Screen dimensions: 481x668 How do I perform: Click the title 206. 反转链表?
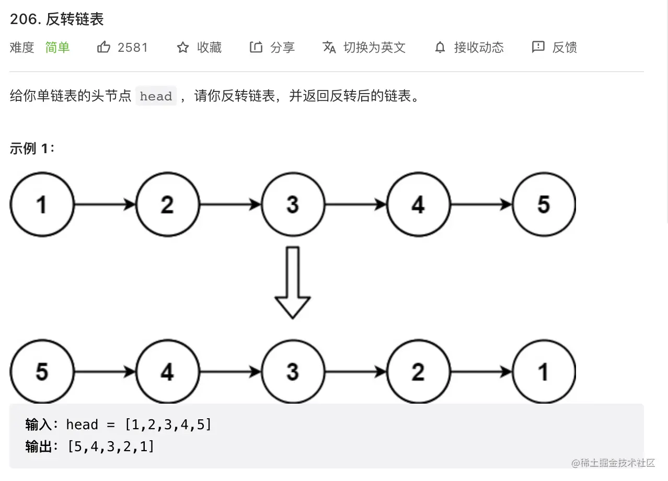[57, 19]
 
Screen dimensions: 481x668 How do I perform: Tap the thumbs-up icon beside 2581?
[103, 48]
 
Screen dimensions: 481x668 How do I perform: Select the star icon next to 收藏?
[182, 48]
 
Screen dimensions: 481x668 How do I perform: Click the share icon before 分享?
[256, 48]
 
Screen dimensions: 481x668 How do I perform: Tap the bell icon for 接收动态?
[440, 48]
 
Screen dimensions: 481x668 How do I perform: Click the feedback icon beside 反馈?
[538, 48]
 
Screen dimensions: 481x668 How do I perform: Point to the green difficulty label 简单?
[57, 48]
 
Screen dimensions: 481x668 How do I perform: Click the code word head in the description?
[156, 97]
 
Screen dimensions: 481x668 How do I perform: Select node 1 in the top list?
[42, 204]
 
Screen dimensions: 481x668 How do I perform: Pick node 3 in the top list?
[293, 204]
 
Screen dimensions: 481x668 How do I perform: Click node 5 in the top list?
[544, 204]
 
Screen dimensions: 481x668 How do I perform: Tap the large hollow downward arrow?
[293, 282]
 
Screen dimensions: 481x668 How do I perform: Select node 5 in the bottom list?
[42, 372]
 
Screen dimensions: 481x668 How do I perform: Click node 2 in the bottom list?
[418, 372]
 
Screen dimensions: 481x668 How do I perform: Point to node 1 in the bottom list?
[544, 372]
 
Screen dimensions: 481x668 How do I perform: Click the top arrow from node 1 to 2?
[105, 204]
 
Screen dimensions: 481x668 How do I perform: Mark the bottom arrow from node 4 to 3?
[230, 372]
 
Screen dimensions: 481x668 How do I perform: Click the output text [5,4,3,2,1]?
[111, 446]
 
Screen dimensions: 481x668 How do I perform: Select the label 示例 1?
[32, 148]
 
